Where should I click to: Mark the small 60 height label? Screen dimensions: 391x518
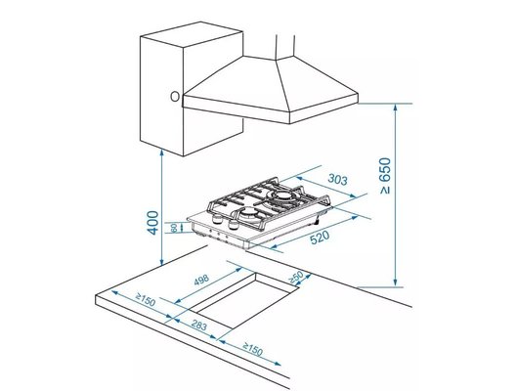click(x=174, y=229)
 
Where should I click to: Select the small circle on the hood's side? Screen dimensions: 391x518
click(x=174, y=98)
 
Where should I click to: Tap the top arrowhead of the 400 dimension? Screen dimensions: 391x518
click(x=161, y=157)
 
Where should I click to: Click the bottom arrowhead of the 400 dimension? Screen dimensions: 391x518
click(x=161, y=266)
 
